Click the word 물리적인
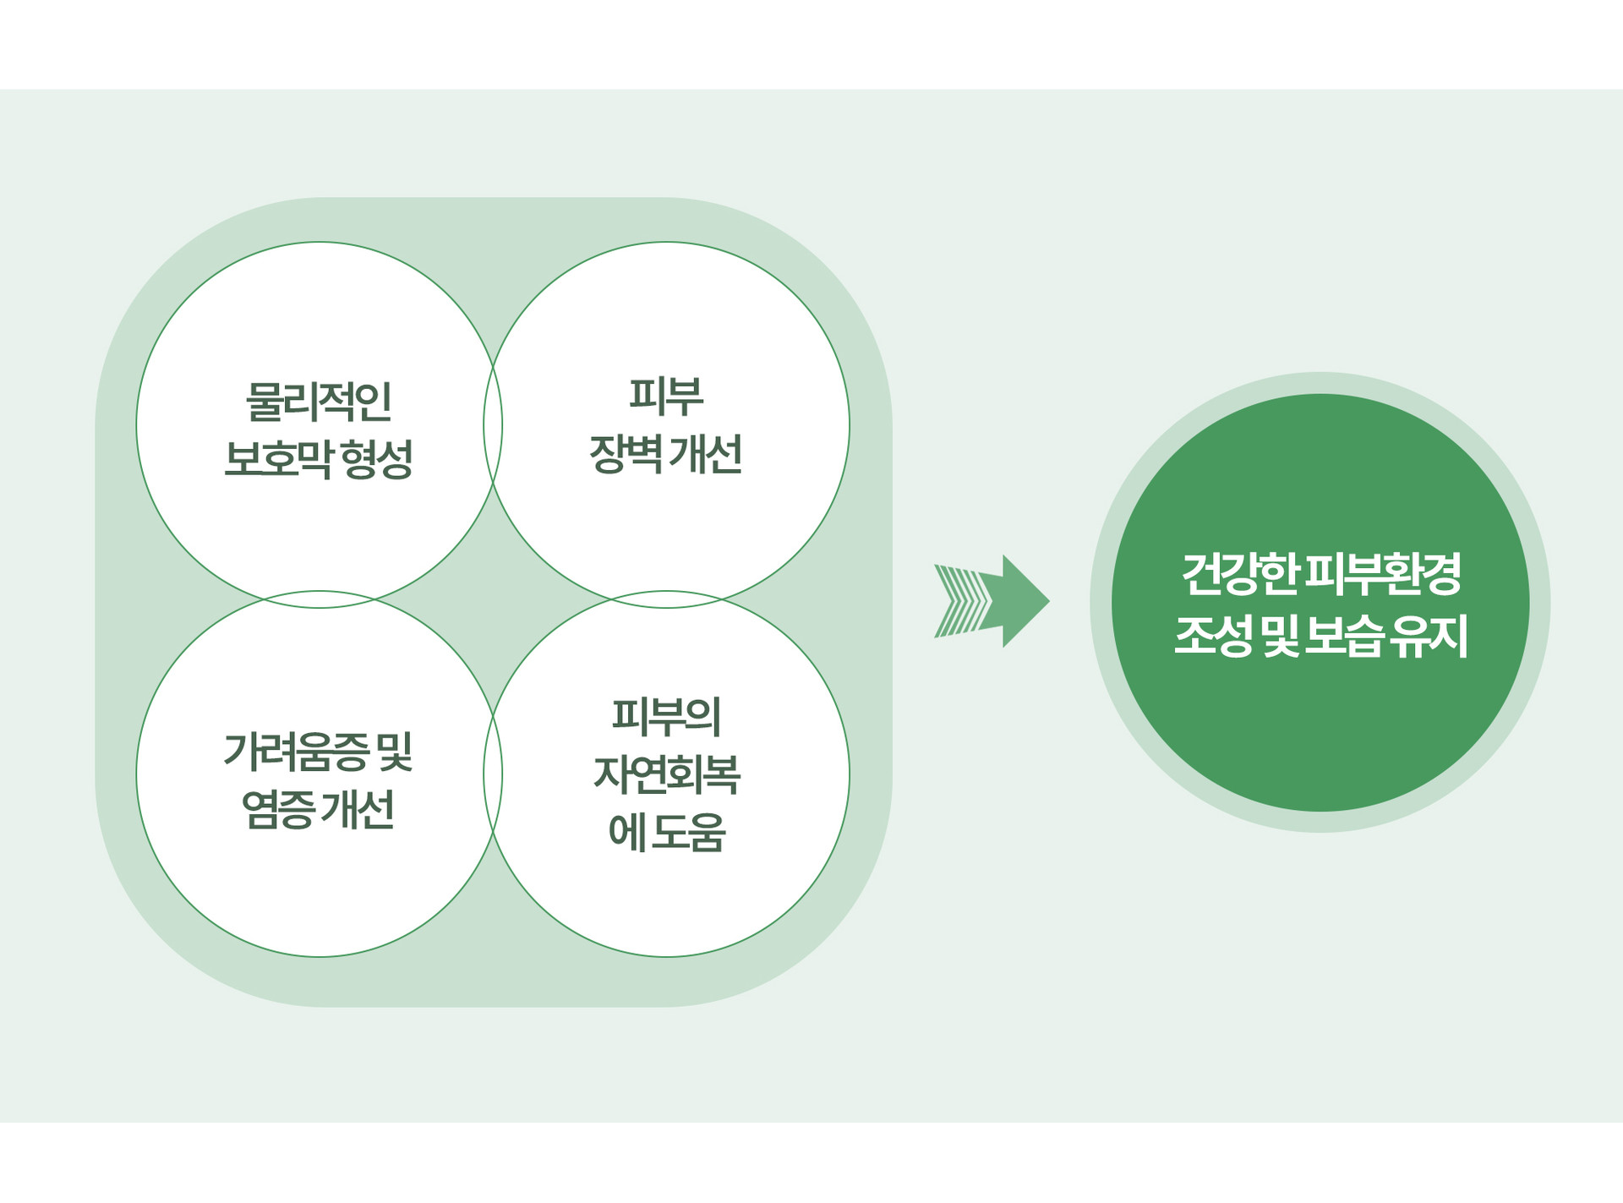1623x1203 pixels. [x=319, y=401]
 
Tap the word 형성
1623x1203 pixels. [x=378, y=459]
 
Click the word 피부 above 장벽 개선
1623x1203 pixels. [x=666, y=396]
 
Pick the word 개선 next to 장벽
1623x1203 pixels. [x=706, y=453]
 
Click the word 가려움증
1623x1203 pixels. [x=297, y=752]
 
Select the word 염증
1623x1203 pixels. [x=279, y=809]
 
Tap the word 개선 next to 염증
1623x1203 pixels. [x=358, y=809]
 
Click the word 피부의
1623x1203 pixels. [x=666, y=716]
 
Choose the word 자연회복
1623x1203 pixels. [x=666, y=774]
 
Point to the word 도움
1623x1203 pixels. [x=689, y=832]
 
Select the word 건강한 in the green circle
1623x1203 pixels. [x=1239, y=573]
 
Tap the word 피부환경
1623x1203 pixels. [x=1384, y=573]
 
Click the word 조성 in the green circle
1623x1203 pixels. [x=1213, y=636]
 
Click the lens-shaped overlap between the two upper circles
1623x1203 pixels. [x=493, y=424]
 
